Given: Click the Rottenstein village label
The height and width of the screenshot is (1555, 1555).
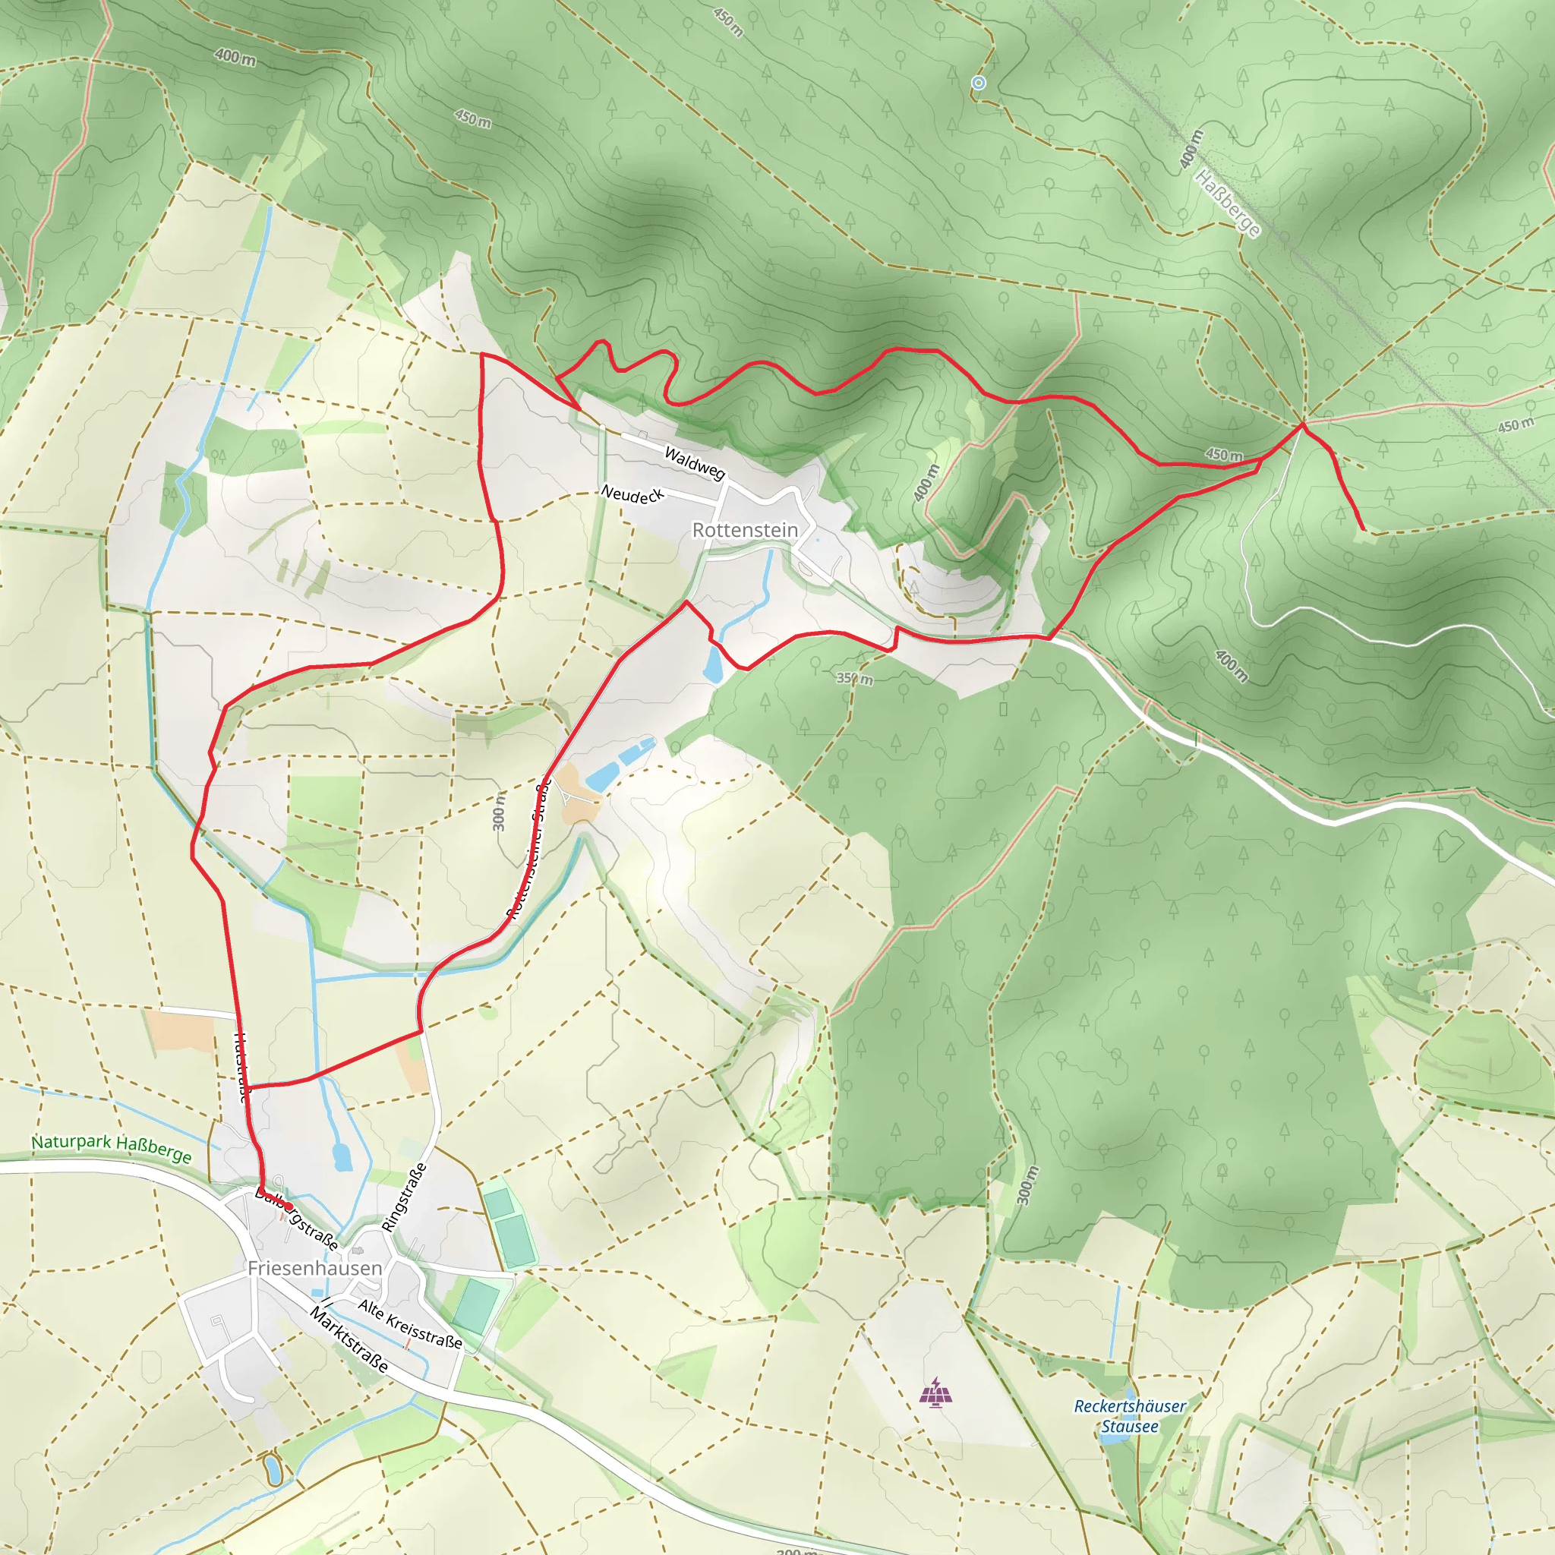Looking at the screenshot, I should point(745,530).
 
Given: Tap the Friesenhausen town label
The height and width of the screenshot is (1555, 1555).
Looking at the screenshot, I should point(314,1268).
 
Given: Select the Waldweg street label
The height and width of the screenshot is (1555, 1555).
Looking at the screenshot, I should point(694,464).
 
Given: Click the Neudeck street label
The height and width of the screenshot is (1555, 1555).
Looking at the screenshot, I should point(632,494).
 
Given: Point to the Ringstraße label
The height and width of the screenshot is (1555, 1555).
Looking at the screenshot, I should point(404,1197).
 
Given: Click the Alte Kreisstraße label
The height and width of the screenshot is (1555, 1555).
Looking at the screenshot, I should point(410,1324).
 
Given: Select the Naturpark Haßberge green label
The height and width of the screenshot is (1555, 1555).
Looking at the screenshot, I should point(111,1149).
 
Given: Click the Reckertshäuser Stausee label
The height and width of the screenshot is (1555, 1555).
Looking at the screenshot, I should point(1129,1416).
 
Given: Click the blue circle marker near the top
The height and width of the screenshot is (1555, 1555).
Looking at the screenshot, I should point(979,83).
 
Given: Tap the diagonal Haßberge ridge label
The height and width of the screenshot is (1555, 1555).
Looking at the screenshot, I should point(1228,203).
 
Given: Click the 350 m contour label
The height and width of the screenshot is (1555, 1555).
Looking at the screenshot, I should point(854,679).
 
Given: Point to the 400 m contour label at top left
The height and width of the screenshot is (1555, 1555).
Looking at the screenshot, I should point(235,57).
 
